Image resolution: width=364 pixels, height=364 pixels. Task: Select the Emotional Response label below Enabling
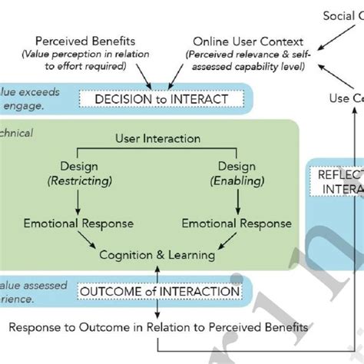(236, 223)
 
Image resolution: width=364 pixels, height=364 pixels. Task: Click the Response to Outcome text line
(159, 328)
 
